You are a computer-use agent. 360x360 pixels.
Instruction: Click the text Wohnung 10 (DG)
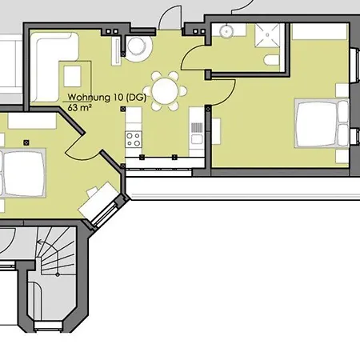tap(106, 98)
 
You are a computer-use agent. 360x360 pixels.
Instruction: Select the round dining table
tap(165, 91)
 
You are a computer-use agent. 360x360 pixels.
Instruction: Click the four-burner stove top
tap(134, 139)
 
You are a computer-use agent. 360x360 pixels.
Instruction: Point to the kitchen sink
tap(197, 138)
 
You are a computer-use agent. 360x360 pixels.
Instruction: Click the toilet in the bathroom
tap(271, 60)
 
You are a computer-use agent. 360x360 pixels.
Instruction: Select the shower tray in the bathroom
tap(267, 35)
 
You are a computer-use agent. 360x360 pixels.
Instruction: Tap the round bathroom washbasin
tap(226, 30)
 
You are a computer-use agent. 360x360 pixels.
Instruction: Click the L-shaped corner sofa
tap(54, 66)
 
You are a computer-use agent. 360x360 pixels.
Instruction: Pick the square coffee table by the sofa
tap(72, 76)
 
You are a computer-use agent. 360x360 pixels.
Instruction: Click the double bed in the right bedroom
tap(322, 123)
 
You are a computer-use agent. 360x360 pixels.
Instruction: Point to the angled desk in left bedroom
tap(98, 198)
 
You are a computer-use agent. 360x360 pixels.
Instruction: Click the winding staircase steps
tap(57, 250)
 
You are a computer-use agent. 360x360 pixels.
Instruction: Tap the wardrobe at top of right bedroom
tap(320, 31)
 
